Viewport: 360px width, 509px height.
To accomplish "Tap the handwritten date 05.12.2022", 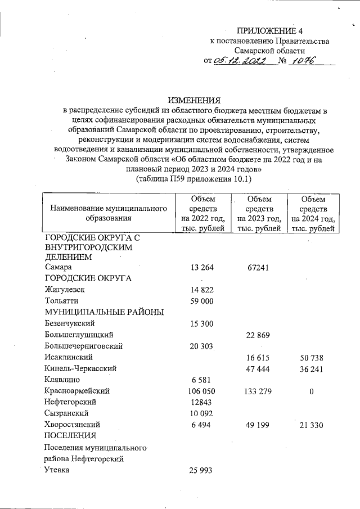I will [x=242, y=61].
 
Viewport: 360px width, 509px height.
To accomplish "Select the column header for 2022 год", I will [x=202, y=213].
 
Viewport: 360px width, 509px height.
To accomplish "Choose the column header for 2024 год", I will [x=312, y=213].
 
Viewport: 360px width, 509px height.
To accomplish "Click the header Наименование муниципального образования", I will [x=109, y=213].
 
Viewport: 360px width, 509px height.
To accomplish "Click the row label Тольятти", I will [x=60, y=301].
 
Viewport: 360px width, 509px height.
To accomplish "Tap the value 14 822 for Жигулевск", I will [x=202, y=290].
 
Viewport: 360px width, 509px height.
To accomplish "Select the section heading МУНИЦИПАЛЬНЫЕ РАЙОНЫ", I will [x=104, y=312].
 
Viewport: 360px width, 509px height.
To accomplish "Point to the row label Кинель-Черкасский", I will [x=80, y=368].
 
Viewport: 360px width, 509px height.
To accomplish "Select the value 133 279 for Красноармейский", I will [x=258, y=391].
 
